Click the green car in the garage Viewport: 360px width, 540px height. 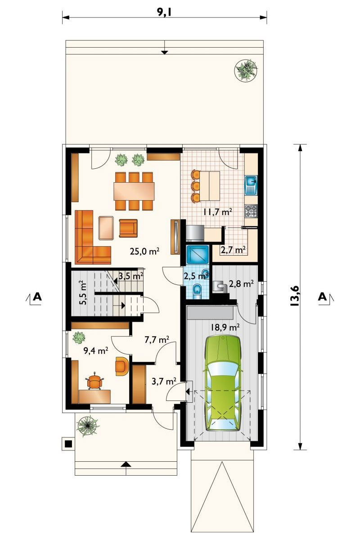pyautogui.click(x=223, y=382)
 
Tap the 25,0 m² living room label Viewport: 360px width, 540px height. pyautogui.click(x=144, y=252)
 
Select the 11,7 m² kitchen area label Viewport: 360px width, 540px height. pyautogui.click(x=218, y=212)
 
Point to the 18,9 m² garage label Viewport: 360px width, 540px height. pyautogui.click(x=225, y=327)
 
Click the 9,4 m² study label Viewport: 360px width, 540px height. pyautogui.click(x=95, y=351)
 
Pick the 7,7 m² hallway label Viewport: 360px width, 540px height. pyautogui.click(x=157, y=340)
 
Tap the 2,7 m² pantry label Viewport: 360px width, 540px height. pyautogui.click(x=233, y=250)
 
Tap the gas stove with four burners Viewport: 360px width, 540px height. pyautogui.click(x=251, y=211)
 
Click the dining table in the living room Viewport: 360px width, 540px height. pyautogui.click(x=134, y=191)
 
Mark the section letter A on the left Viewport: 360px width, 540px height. pyautogui.click(x=37, y=296)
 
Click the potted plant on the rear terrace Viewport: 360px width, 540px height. pyautogui.click(x=246, y=70)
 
